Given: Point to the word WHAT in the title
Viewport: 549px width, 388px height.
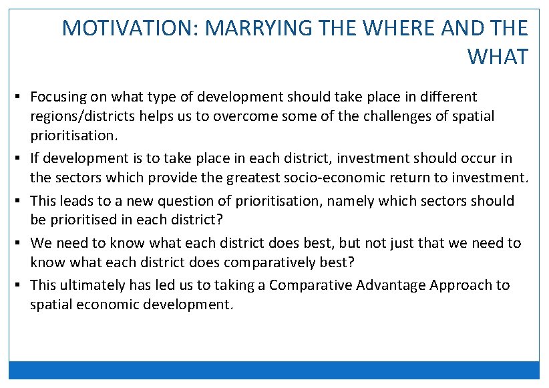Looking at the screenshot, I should [498, 57].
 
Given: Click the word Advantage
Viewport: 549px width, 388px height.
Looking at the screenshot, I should [391, 285].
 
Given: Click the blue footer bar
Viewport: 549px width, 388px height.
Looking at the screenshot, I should [274, 370].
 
